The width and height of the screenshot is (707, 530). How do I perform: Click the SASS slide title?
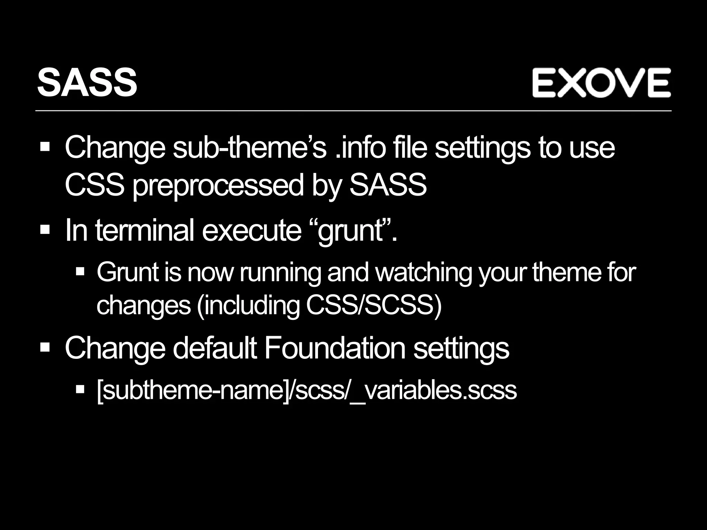[87, 83]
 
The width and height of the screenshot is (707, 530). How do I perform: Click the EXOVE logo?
[601, 83]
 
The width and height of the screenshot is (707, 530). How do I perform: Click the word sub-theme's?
[249, 148]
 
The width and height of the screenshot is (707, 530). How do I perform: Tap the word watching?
[423, 273]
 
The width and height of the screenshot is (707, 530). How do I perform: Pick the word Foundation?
[335, 348]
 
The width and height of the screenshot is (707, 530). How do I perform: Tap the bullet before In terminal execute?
[45, 229]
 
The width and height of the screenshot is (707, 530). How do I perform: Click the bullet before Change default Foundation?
[45, 346]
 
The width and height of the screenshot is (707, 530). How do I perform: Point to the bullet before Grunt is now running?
[80, 272]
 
